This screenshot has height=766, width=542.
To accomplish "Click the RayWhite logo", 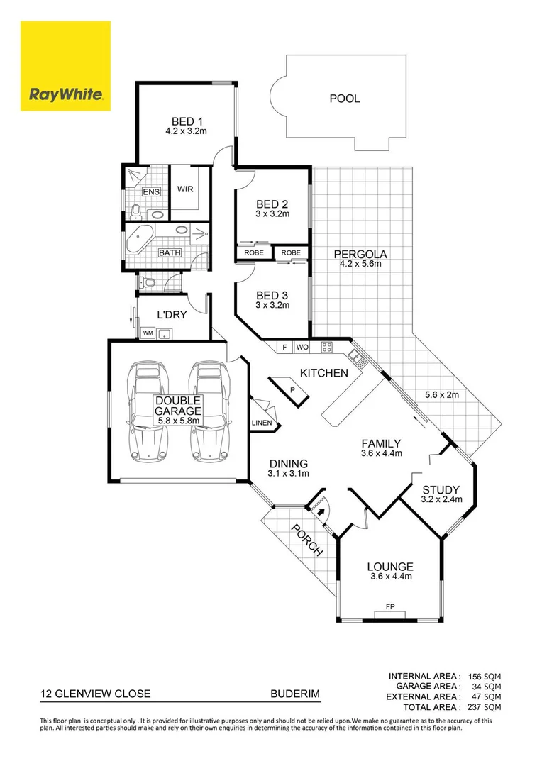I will [65, 65].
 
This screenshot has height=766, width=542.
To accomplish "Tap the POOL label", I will [344, 99].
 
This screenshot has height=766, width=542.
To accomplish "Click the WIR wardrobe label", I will [185, 189].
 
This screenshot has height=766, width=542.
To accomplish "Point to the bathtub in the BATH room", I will [138, 240].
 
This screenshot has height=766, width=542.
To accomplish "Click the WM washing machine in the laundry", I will [148, 332].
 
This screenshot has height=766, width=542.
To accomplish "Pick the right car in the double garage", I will [210, 411].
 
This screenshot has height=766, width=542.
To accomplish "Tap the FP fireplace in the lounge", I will [390, 608].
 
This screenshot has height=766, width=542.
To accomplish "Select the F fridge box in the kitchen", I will [284, 348].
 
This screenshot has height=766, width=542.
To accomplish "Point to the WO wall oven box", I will [302, 348].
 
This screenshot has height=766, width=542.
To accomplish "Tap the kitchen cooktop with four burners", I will [327, 348].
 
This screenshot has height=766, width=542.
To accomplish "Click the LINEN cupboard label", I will [261, 423].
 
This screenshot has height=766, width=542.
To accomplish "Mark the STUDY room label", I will [441, 489].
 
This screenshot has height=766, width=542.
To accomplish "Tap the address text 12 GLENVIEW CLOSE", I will [94, 694].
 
